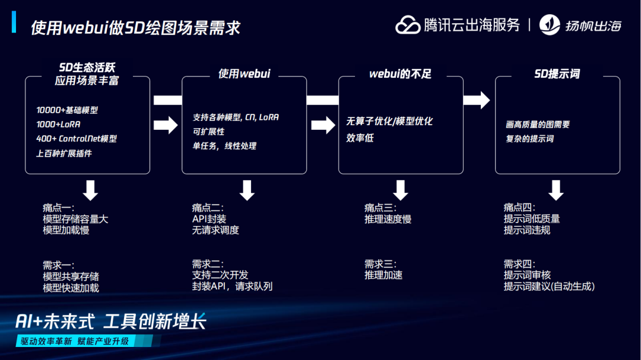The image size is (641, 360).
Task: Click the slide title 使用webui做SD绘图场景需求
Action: point(135,27)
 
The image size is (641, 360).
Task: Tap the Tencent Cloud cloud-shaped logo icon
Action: point(408,25)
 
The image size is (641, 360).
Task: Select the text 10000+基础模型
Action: point(67,110)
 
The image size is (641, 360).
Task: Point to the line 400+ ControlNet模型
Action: point(77,139)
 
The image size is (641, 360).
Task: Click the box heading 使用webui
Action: point(244,74)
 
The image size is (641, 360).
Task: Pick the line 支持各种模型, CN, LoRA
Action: point(236,117)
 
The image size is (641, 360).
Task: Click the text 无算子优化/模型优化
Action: point(389,121)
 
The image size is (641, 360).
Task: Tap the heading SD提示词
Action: point(557,74)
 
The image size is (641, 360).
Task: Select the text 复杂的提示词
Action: point(529,139)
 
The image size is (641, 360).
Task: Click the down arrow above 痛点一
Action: point(90,190)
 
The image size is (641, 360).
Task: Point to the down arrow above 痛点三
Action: point(401,190)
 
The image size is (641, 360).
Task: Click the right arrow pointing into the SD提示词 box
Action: point(477,100)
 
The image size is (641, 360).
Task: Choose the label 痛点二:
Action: point(208,208)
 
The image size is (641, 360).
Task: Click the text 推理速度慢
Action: point(388,219)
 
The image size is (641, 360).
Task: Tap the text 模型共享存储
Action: point(71,276)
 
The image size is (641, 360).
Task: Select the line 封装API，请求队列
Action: point(232,286)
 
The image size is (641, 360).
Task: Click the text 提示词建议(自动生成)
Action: point(549,286)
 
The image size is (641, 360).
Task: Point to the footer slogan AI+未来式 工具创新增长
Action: point(111,321)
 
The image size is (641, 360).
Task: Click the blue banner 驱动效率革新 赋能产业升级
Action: point(75,341)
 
